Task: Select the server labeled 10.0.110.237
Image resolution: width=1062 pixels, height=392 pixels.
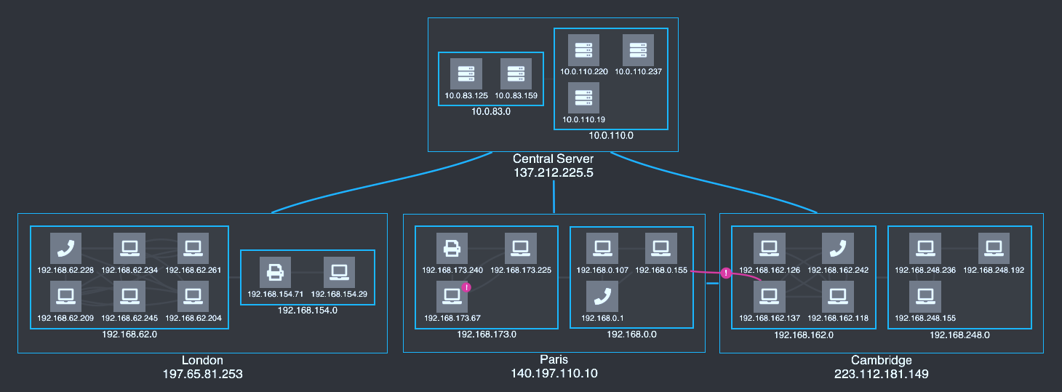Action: [638, 49]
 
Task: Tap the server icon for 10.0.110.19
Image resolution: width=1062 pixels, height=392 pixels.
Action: [583, 97]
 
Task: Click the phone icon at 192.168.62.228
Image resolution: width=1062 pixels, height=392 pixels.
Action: [65, 249]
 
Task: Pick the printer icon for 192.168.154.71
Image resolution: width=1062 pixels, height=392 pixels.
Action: [275, 272]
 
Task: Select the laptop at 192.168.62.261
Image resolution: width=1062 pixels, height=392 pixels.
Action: [193, 249]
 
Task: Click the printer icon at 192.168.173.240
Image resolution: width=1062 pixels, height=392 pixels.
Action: [451, 249]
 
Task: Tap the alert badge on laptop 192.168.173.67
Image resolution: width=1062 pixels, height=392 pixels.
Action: [466, 287]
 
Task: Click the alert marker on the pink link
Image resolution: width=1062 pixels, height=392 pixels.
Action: [725, 273]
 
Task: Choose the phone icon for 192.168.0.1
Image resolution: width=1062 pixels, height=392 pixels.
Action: [602, 296]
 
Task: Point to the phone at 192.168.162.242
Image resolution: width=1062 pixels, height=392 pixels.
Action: [838, 249]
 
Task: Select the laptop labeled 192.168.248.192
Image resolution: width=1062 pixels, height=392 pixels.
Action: [994, 249]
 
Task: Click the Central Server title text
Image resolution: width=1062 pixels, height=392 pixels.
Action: [554, 159]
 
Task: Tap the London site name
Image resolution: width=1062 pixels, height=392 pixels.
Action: [202, 361]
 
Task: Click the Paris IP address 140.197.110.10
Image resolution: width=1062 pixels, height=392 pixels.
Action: [554, 374]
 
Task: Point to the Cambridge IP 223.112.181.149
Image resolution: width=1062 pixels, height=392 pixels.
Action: [881, 374]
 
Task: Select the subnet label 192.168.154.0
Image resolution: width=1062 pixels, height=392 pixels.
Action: [308, 310]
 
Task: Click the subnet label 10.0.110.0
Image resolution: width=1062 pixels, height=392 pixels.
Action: [611, 135]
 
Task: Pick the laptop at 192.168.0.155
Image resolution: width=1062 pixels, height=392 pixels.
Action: [660, 249]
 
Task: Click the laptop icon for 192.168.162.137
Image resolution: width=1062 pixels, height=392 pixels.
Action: [768, 296]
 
